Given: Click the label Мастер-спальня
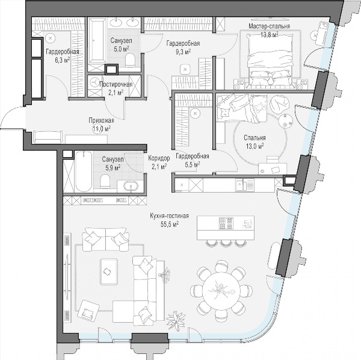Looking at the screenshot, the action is coord(269,26).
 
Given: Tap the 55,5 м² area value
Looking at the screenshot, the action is coord(170,224).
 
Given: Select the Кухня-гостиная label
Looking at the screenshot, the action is coord(170,216).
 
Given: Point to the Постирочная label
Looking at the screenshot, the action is coord(116,84).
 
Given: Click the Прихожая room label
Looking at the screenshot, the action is coord(101,120).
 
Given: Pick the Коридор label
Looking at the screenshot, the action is coord(159,158).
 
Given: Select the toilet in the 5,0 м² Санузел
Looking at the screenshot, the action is coord(131,60).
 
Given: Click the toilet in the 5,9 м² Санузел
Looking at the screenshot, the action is coord(106,181).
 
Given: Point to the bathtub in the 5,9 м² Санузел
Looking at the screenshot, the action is coord(84,171).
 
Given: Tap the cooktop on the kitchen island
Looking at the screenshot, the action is coord(226,223).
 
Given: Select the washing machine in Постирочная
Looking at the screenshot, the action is coord(94,82).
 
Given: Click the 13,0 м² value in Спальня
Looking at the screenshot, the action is coord(255,146).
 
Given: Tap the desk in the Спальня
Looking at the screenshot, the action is coord(273,169).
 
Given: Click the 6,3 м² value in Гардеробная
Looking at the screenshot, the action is coord(63,60).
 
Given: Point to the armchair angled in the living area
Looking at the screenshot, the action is coord(87,310).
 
